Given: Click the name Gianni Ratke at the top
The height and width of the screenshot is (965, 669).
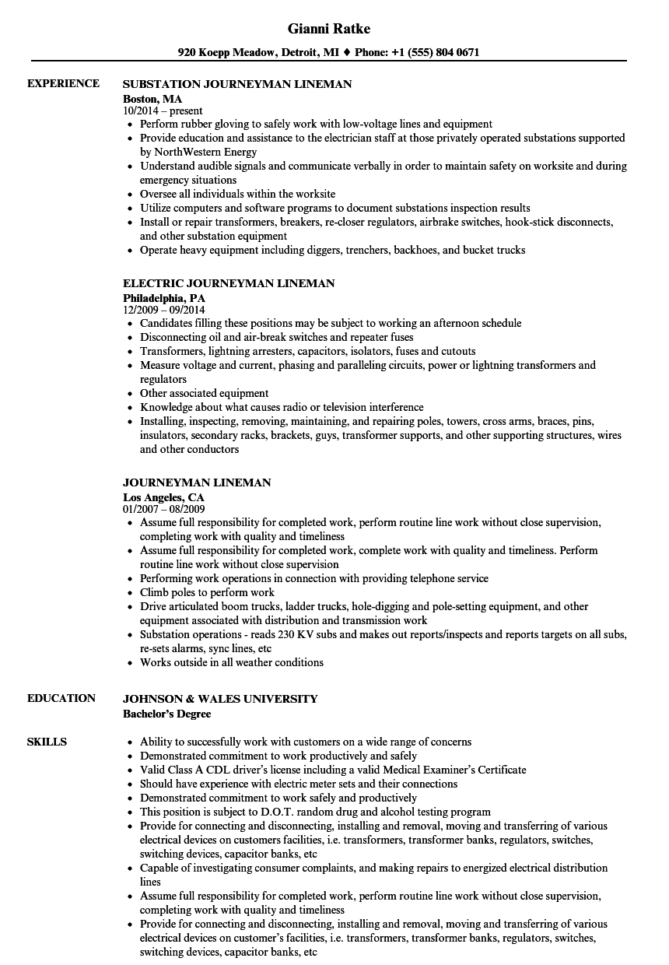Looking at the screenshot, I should click(x=328, y=29).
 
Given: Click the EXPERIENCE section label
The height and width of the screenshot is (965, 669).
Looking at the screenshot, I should click(x=63, y=83).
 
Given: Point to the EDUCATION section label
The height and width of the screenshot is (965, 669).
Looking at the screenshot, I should click(x=61, y=698).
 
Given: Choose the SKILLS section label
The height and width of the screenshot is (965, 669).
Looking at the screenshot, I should click(x=47, y=742).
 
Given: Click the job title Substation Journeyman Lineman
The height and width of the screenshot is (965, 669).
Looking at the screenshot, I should click(x=237, y=84).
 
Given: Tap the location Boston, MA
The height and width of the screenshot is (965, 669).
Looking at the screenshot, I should click(x=152, y=98).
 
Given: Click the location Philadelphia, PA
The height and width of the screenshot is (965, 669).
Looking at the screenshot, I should click(x=164, y=297).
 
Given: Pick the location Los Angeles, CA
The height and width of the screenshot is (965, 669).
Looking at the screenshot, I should click(x=163, y=497).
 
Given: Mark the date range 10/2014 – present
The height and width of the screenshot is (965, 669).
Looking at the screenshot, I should click(x=163, y=111).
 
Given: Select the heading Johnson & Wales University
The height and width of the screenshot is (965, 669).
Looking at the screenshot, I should click(x=220, y=699).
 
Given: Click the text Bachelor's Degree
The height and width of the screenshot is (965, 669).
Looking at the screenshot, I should click(x=166, y=713).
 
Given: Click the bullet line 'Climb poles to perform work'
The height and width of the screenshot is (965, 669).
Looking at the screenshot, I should click(x=207, y=592).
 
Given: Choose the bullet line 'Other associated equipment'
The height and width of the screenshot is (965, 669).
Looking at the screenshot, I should click(x=204, y=393).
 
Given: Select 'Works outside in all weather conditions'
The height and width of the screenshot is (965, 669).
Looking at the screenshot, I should click(x=231, y=662).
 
